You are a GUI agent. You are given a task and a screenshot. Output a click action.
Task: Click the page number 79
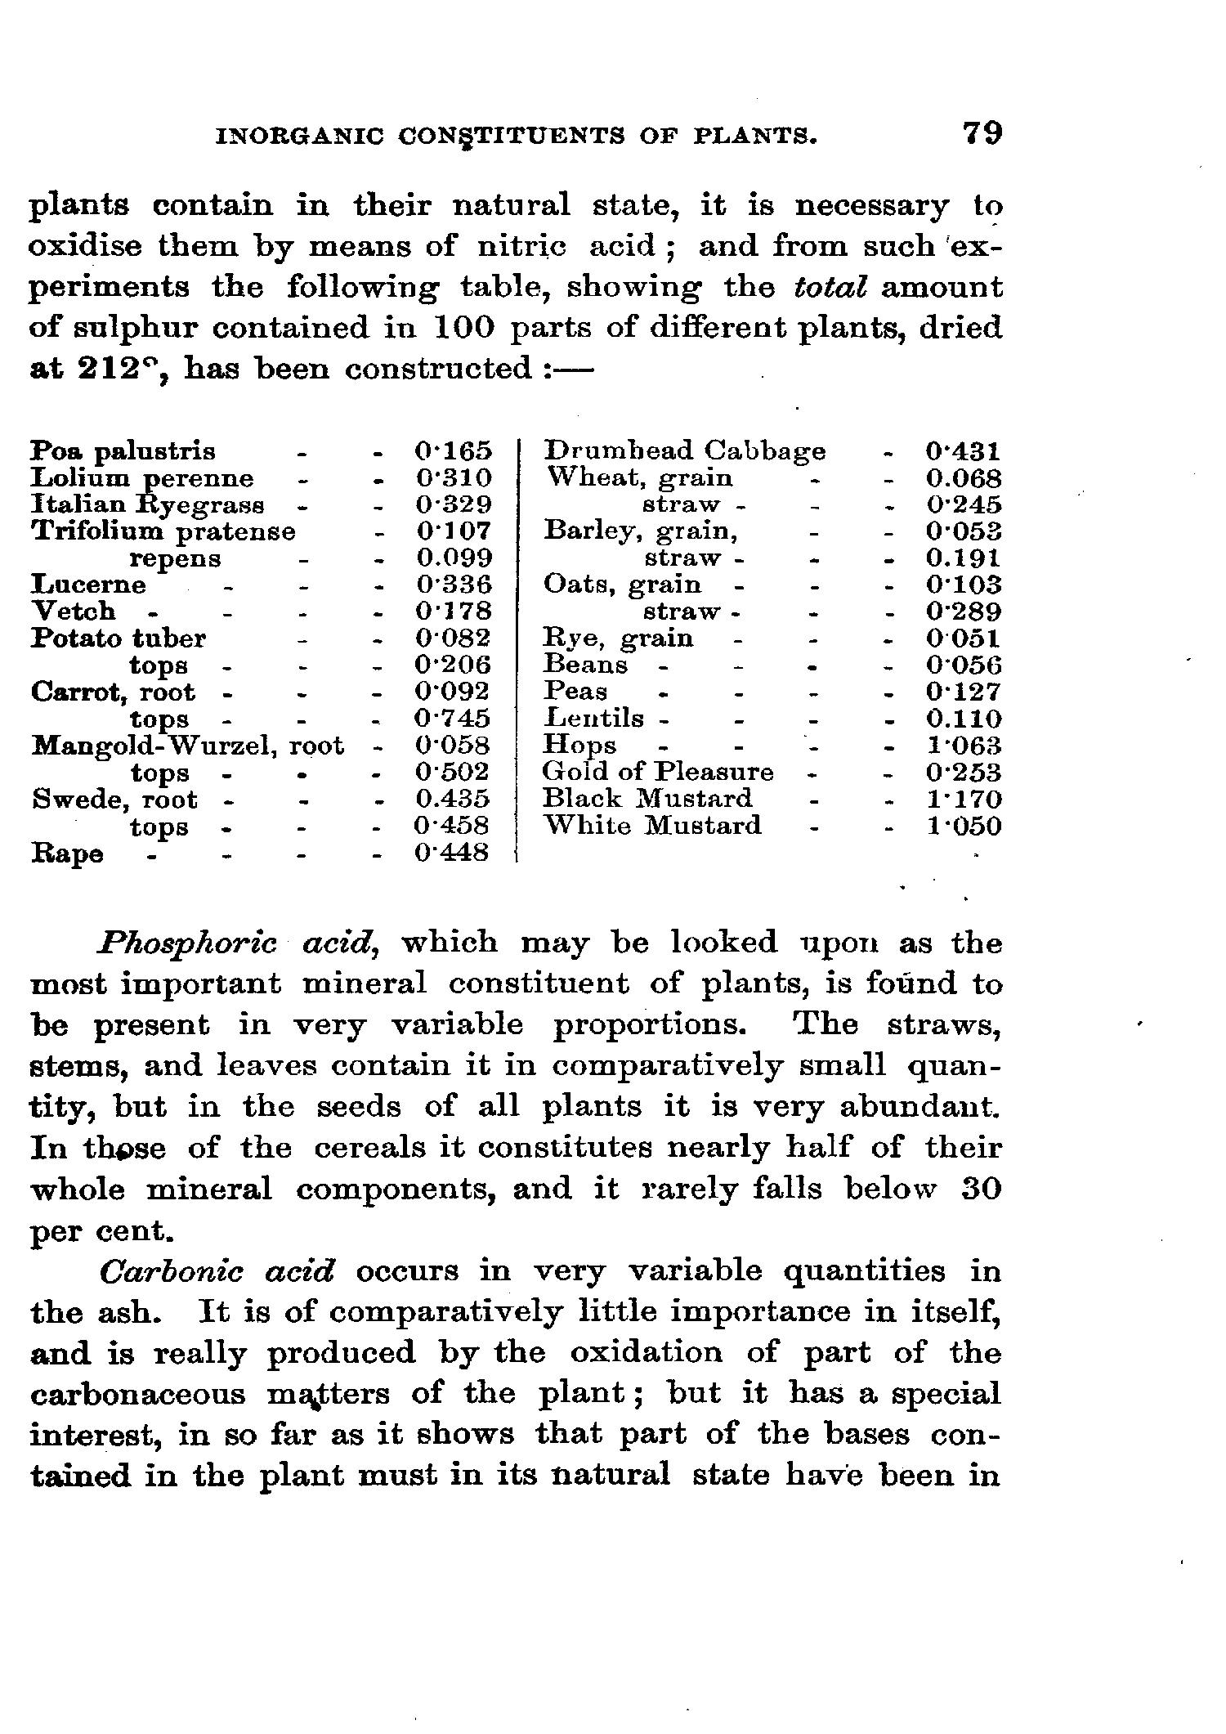coord(982,133)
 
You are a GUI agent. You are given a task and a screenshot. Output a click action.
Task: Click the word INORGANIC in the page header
coord(298,136)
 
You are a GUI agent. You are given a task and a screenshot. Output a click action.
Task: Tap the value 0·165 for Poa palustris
coord(453,451)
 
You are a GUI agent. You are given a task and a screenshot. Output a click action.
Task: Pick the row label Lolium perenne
coord(142,478)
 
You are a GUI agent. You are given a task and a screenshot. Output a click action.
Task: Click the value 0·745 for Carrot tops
coord(453,719)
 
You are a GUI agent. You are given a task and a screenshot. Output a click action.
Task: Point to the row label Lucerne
coord(88,585)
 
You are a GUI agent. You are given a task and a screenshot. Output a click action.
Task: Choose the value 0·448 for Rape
coord(452,853)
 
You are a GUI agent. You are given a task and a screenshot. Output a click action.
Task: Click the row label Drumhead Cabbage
coord(685,451)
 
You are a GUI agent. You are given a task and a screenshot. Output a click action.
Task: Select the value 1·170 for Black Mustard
coord(964,799)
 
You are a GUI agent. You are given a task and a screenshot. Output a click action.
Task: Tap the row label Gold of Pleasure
coord(658,772)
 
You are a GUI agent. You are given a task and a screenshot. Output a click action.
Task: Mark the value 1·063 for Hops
coord(964,746)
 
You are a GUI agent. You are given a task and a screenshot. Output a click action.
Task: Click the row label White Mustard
coord(652,826)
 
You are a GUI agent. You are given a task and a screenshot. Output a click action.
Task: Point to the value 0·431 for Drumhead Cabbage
coord(964,451)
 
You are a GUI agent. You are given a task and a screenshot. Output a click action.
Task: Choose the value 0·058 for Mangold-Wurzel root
coord(452,746)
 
